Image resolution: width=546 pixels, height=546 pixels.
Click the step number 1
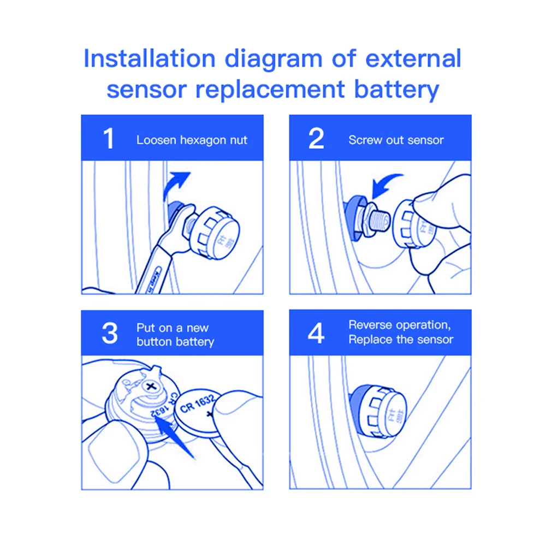tap(109, 139)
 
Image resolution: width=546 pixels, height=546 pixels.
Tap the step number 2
tap(316, 139)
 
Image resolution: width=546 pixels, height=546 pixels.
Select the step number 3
tap(109, 334)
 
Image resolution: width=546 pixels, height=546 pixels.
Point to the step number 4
tap(316, 334)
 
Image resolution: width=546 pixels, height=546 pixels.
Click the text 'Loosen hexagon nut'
tap(192, 140)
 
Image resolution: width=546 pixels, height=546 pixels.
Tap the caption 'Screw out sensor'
tap(396, 140)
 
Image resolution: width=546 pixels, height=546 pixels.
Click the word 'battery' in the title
tap(397, 88)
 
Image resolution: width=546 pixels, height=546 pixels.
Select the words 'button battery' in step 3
tap(175, 342)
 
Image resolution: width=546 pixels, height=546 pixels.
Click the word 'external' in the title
tap(413, 58)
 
